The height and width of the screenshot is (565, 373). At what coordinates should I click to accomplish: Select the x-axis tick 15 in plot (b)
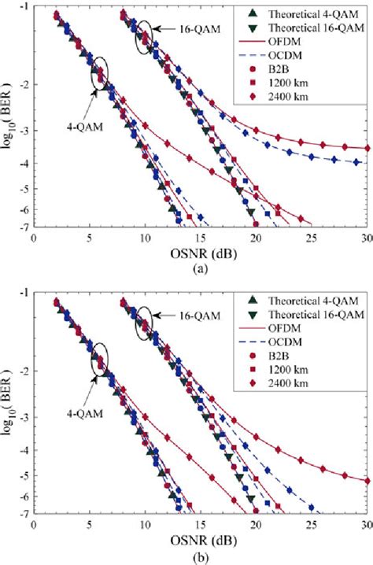tap(201, 523)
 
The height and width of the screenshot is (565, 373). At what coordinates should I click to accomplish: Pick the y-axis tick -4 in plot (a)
tap(23, 164)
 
